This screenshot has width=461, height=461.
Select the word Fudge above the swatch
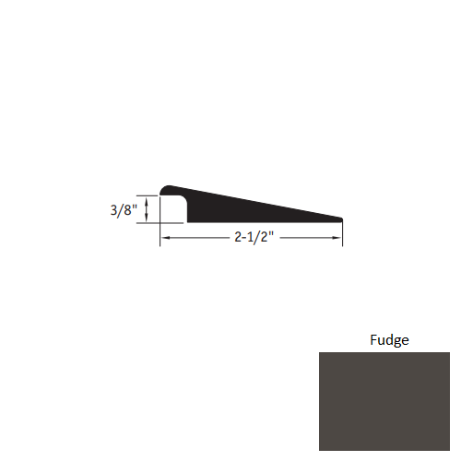(389, 339)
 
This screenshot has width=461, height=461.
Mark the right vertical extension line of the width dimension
(343, 233)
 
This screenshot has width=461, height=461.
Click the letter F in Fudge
(373, 339)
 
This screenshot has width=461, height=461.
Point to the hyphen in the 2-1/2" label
(241, 238)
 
